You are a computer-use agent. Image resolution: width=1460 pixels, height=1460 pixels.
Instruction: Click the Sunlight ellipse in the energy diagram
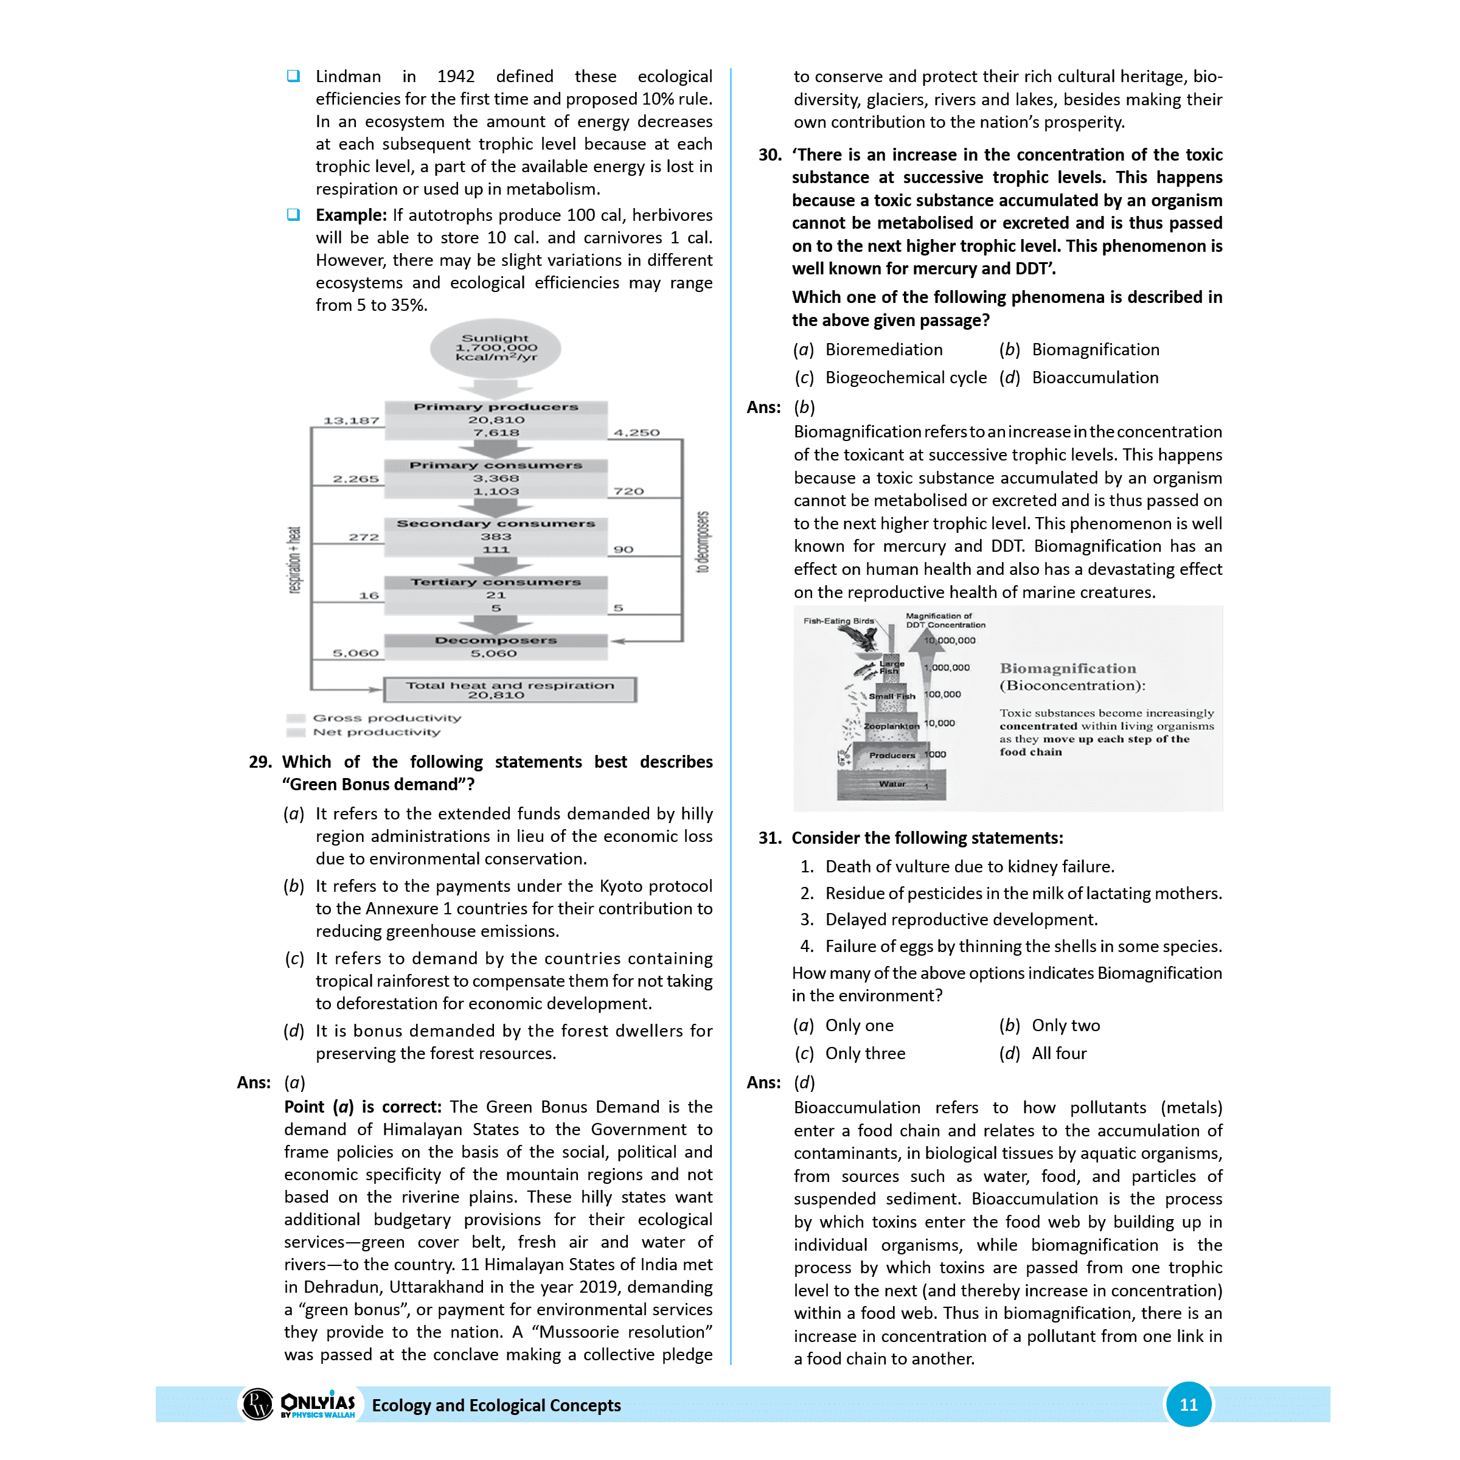point(496,349)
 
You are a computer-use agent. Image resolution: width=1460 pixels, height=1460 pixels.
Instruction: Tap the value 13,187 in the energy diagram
point(352,421)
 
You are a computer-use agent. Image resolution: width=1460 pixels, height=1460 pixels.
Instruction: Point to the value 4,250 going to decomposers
point(636,433)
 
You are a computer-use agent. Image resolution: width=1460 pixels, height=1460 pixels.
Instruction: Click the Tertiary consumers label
point(496,583)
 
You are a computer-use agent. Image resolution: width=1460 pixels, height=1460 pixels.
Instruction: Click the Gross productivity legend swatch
point(296,718)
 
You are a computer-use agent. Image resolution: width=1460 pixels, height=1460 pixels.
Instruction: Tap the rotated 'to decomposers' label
point(703,543)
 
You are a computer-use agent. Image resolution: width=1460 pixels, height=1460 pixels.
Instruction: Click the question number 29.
point(260,762)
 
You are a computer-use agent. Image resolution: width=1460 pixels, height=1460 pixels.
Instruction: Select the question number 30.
point(770,155)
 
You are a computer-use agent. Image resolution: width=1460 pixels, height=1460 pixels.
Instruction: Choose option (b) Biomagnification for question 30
point(1095,350)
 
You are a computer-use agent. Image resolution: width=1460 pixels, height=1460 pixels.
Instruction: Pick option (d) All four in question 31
point(1058,1054)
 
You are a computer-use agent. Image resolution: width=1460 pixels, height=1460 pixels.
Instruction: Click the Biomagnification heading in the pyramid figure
point(1068,669)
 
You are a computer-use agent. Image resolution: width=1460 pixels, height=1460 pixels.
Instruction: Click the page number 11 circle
point(1188,1405)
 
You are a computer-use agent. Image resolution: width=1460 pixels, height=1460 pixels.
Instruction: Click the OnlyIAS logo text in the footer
point(318,1403)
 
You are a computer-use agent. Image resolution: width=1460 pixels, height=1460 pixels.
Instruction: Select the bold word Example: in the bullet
point(350,215)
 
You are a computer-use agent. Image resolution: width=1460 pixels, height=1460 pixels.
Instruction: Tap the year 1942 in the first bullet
point(456,76)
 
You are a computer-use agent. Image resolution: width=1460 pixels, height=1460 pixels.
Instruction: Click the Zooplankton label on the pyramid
point(892,726)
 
